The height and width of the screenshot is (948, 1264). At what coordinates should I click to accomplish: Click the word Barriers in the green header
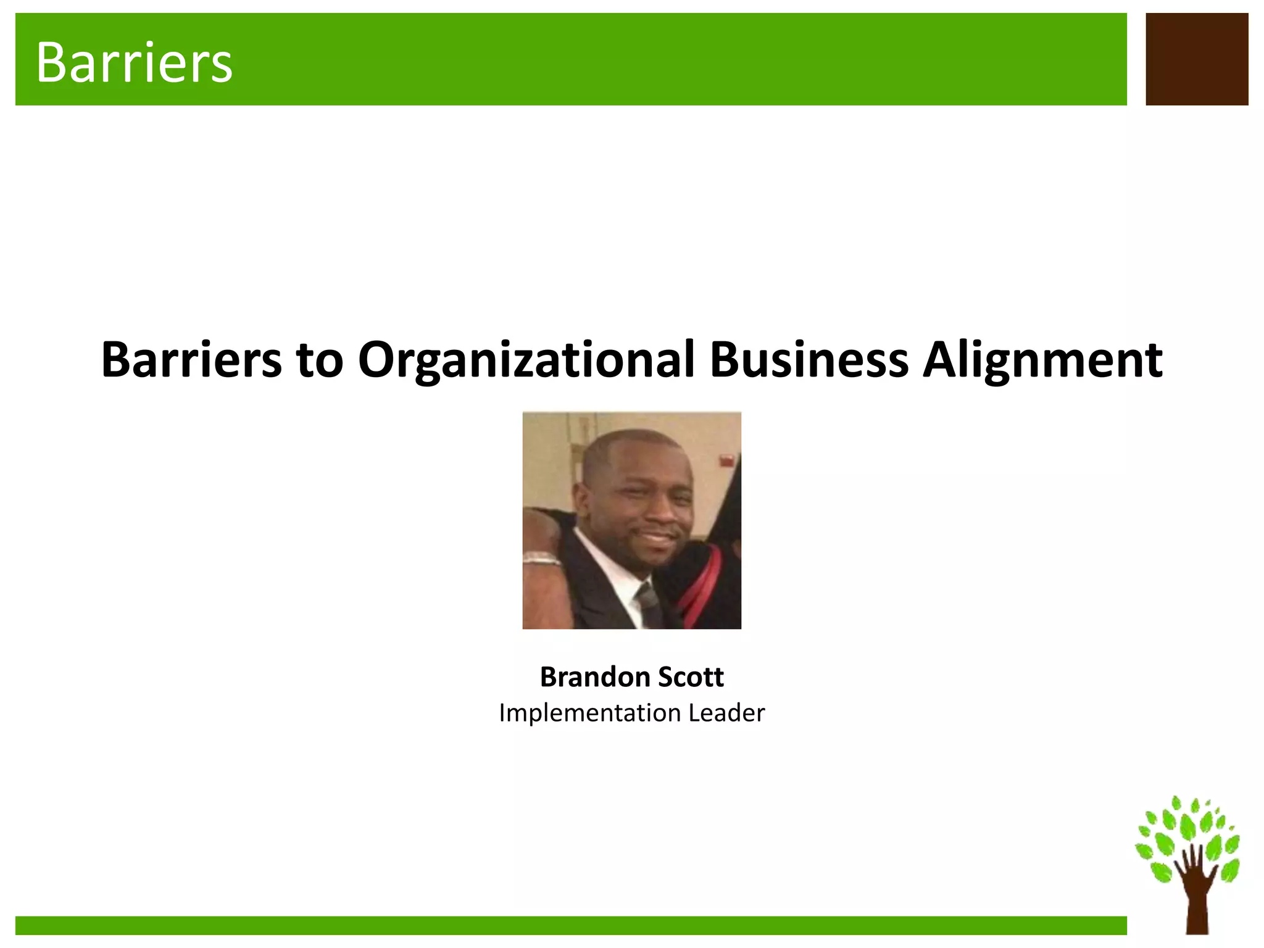134,62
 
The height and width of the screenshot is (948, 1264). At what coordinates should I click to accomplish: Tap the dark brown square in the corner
1196,59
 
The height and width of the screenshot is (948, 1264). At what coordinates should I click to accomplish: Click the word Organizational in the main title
526,360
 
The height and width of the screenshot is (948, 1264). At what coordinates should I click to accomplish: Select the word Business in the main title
809,360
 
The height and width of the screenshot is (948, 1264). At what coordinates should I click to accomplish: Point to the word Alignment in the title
1042,361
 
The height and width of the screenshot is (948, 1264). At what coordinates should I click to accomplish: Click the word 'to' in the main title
319,361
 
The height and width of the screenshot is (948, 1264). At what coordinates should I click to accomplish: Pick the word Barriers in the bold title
191,360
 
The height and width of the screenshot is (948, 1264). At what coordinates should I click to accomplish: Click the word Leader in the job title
726,713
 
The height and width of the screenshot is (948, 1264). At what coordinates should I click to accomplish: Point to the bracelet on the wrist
542,560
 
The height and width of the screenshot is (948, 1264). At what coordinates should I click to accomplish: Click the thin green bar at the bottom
570,925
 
